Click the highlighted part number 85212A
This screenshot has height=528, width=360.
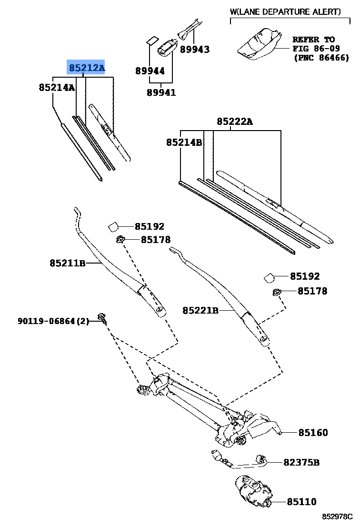(86, 68)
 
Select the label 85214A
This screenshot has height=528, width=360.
(57, 88)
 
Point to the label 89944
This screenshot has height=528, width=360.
(150, 71)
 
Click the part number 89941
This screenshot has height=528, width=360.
(161, 93)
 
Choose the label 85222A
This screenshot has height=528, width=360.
(235, 122)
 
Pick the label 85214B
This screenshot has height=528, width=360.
(184, 142)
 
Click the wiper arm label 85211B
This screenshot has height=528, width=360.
(67, 263)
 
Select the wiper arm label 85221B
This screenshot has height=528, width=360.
(200, 311)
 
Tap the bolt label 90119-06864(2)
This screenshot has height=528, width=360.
(53, 322)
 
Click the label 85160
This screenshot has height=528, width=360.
(313, 433)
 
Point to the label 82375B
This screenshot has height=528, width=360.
(301, 463)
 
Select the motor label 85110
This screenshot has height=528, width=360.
(301, 502)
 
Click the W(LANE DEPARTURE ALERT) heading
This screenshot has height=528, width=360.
(285, 12)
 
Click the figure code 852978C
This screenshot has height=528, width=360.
(337, 517)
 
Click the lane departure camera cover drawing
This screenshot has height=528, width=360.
(260, 44)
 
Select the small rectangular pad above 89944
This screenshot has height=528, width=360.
(152, 39)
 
